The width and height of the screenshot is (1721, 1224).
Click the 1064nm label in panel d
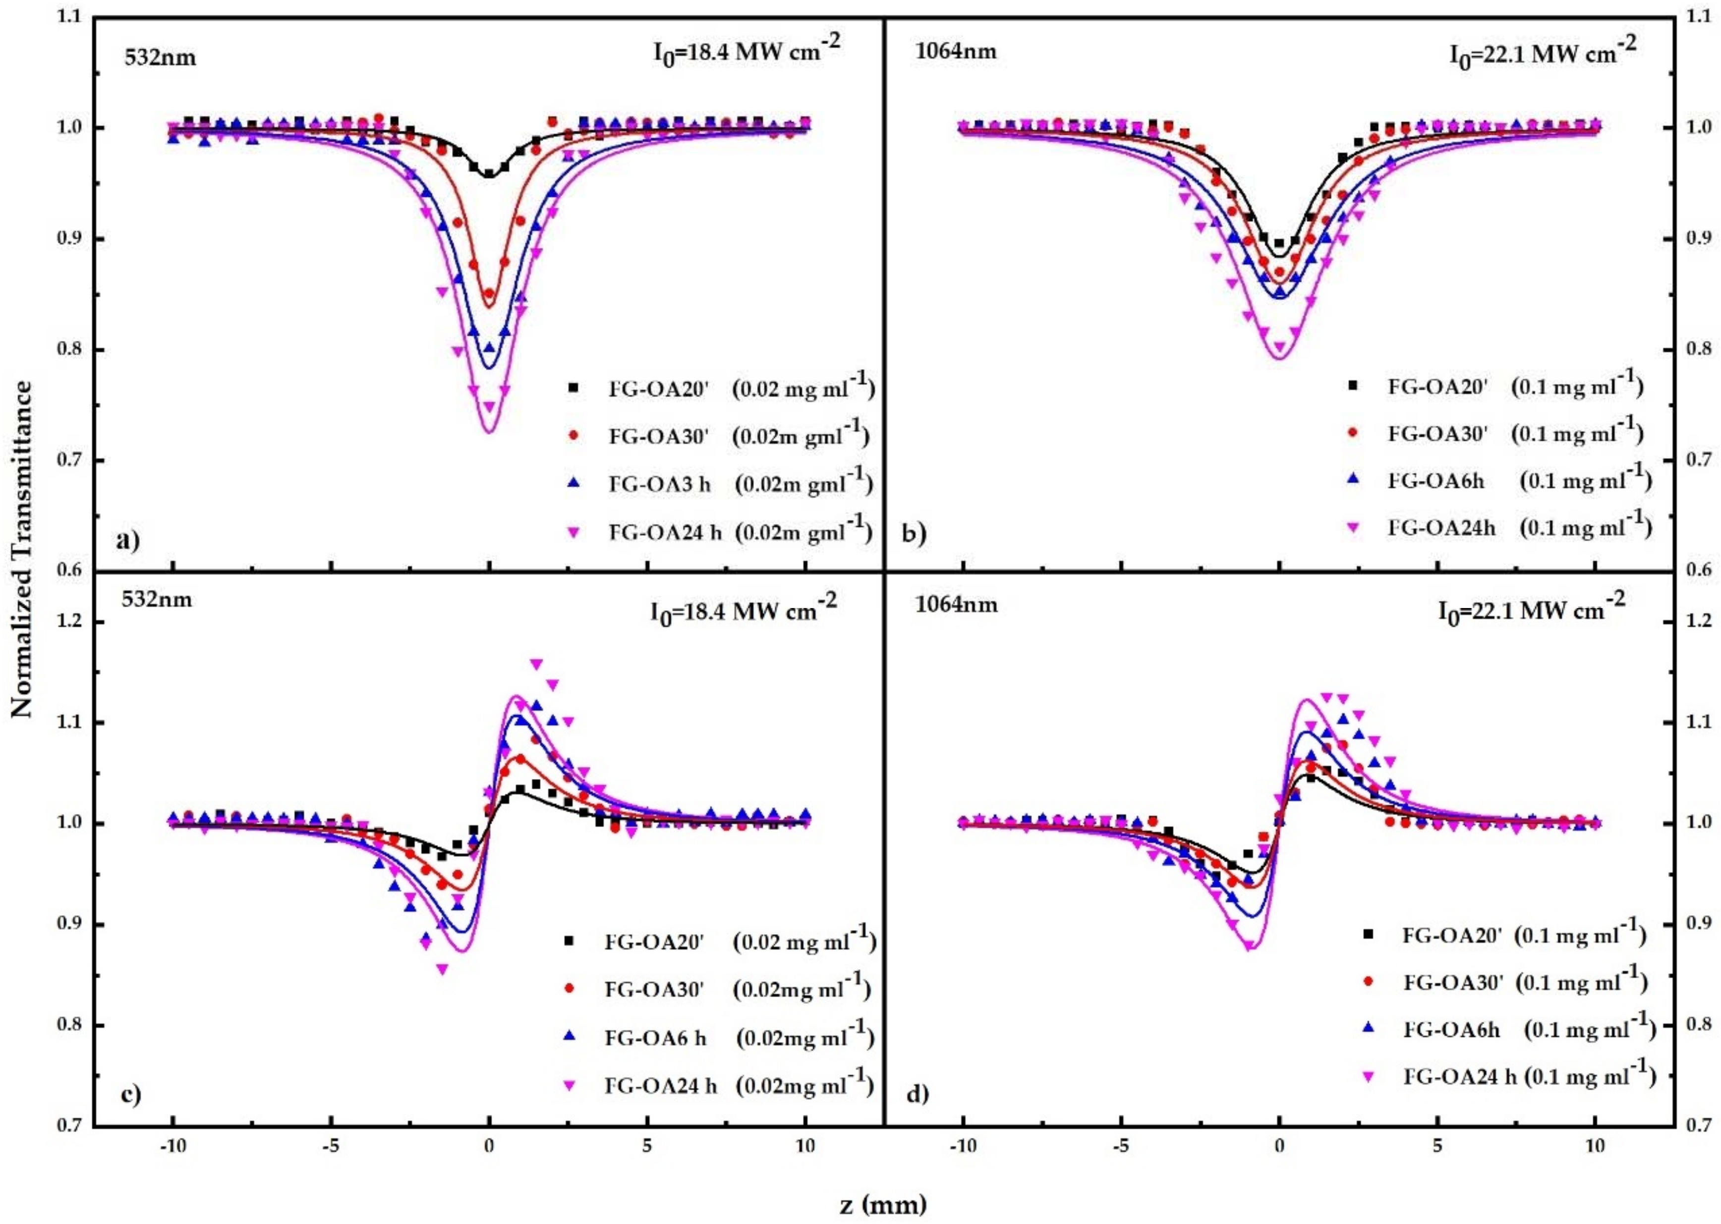pos(956,605)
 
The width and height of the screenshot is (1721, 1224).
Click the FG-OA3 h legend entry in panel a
pos(660,484)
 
